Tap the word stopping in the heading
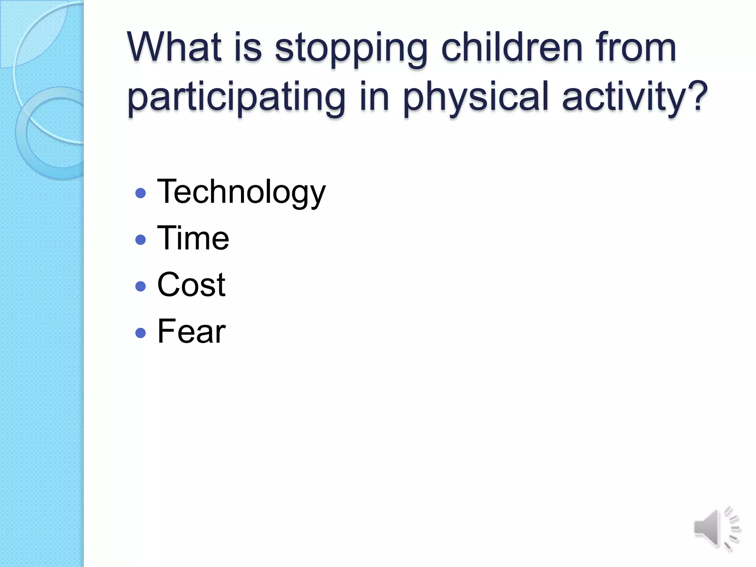click(x=351, y=50)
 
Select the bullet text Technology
click(x=241, y=192)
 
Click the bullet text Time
click(x=193, y=238)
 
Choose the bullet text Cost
click(x=191, y=285)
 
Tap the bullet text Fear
click(x=191, y=331)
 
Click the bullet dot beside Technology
click(x=141, y=193)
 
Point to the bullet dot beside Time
click(x=141, y=240)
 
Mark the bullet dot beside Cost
click(x=141, y=286)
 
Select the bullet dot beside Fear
click(x=141, y=333)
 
